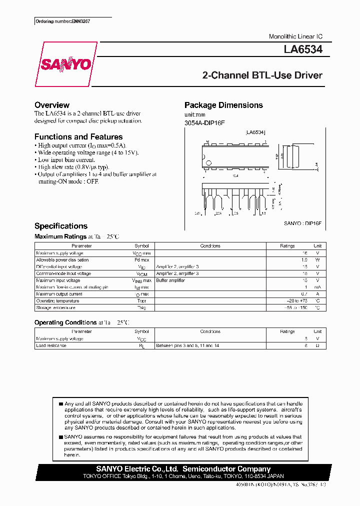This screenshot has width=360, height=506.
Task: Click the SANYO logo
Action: [x=65, y=64]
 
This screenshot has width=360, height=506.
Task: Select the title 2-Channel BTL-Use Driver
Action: [x=262, y=75]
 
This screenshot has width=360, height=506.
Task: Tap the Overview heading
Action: [x=52, y=105]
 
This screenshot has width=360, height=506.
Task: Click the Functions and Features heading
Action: [x=78, y=136]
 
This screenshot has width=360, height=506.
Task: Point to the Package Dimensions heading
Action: [x=223, y=105]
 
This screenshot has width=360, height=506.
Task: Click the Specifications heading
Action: [x=61, y=226]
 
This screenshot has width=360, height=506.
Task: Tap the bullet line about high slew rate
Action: [x=73, y=167]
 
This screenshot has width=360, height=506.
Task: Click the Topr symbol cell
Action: [x=141, y=301]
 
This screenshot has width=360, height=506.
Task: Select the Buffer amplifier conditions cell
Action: [x=170, y=280]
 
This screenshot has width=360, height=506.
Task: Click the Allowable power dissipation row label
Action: [x=62, y=260]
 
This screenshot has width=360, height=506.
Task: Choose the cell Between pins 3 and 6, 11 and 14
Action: [x=187, y=345]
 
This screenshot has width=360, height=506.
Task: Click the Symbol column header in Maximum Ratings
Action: [x=141, y=246]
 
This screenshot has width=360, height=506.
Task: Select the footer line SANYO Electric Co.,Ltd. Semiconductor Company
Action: [x=183, y=469]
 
